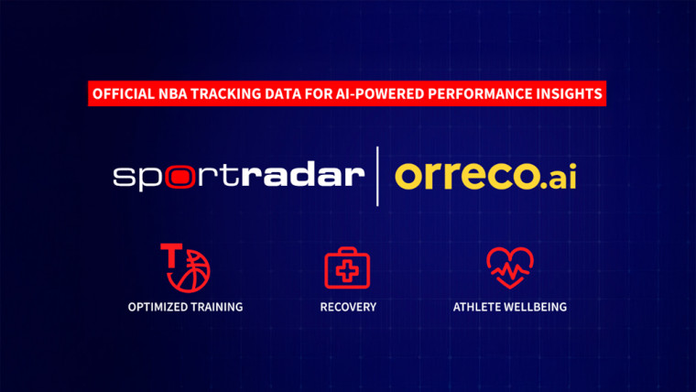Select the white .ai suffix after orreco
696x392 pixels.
(556, 174)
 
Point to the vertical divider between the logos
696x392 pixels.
(377, 175)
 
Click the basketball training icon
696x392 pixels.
(186, 265)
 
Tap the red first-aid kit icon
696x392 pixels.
(348, 267)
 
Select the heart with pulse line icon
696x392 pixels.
(509, 267)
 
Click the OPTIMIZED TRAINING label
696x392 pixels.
(185, 307)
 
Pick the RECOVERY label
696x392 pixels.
(348, 307)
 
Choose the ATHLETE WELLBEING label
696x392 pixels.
(509, 307)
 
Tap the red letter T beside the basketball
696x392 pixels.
(169, 253)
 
